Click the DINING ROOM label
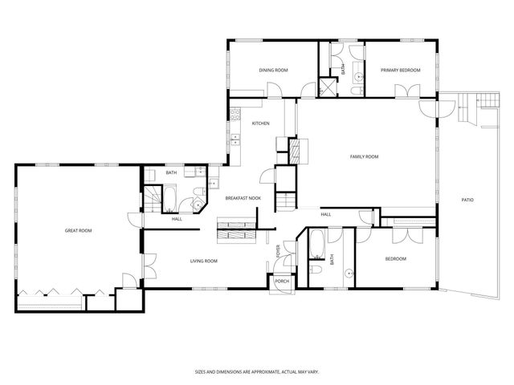(x=273, y=71)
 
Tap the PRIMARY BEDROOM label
(x=401, y=71)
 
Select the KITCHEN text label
(x=260, y=123)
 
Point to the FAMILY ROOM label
(x=363, y=156)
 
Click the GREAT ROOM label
(x=78, y=231)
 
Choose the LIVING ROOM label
(x=204, y=261)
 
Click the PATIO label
(x=467, y=199)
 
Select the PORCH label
(x=282, y=282)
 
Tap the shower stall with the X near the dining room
(x=328, y=87)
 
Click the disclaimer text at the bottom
(x=256, y=372)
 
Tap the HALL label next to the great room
(x=176, y=218)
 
